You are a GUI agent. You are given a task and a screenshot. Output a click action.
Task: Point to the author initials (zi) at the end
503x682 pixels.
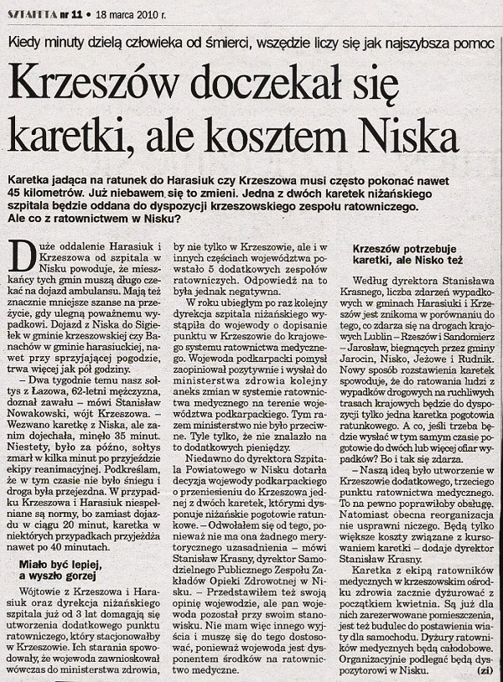point(483,669)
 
